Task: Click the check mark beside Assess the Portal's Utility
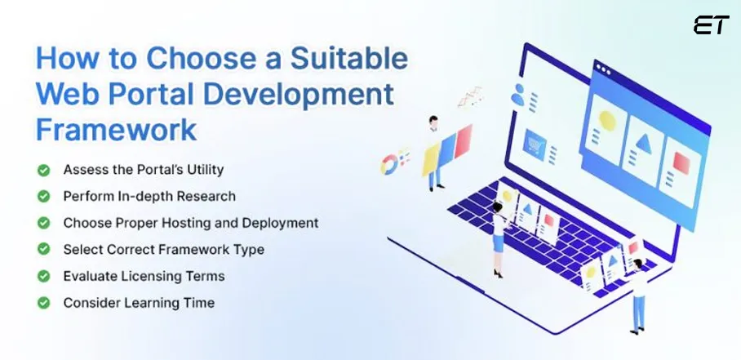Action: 43,170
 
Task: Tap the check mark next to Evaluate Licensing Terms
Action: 43,276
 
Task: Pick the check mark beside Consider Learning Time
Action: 43,303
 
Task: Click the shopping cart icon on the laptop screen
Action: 535,143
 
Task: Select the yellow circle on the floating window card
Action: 607,119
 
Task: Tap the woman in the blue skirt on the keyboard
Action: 497,237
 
